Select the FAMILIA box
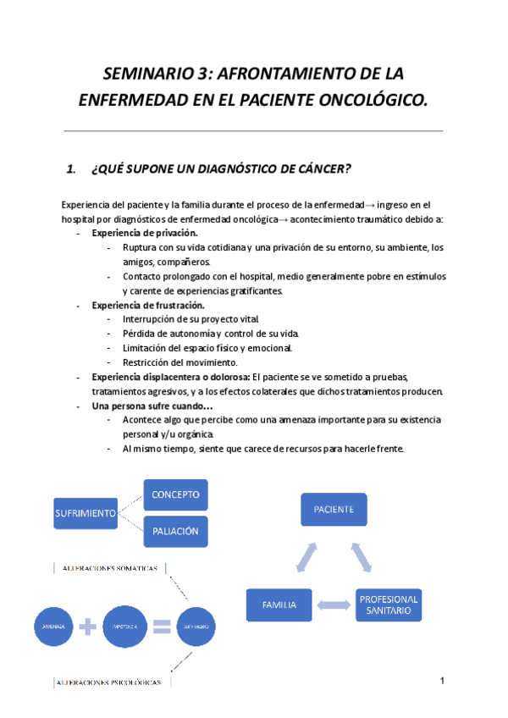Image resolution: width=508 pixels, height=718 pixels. [279, 605]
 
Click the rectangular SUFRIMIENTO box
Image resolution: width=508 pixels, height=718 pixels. [85, 513]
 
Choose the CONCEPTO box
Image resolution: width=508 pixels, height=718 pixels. [176, 494]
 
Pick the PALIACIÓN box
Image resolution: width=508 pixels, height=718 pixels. [176, 531]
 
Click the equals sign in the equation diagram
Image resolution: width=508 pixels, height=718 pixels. [161, 627]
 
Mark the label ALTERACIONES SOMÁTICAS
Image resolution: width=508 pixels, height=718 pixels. [110, 568]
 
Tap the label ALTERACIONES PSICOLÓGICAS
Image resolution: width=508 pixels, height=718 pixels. [112, 681]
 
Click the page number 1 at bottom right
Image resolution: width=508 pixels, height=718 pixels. [442, 682]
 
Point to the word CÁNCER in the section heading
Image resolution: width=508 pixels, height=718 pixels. [321, 168]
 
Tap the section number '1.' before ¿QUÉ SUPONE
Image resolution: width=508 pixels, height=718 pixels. [71, 168]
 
